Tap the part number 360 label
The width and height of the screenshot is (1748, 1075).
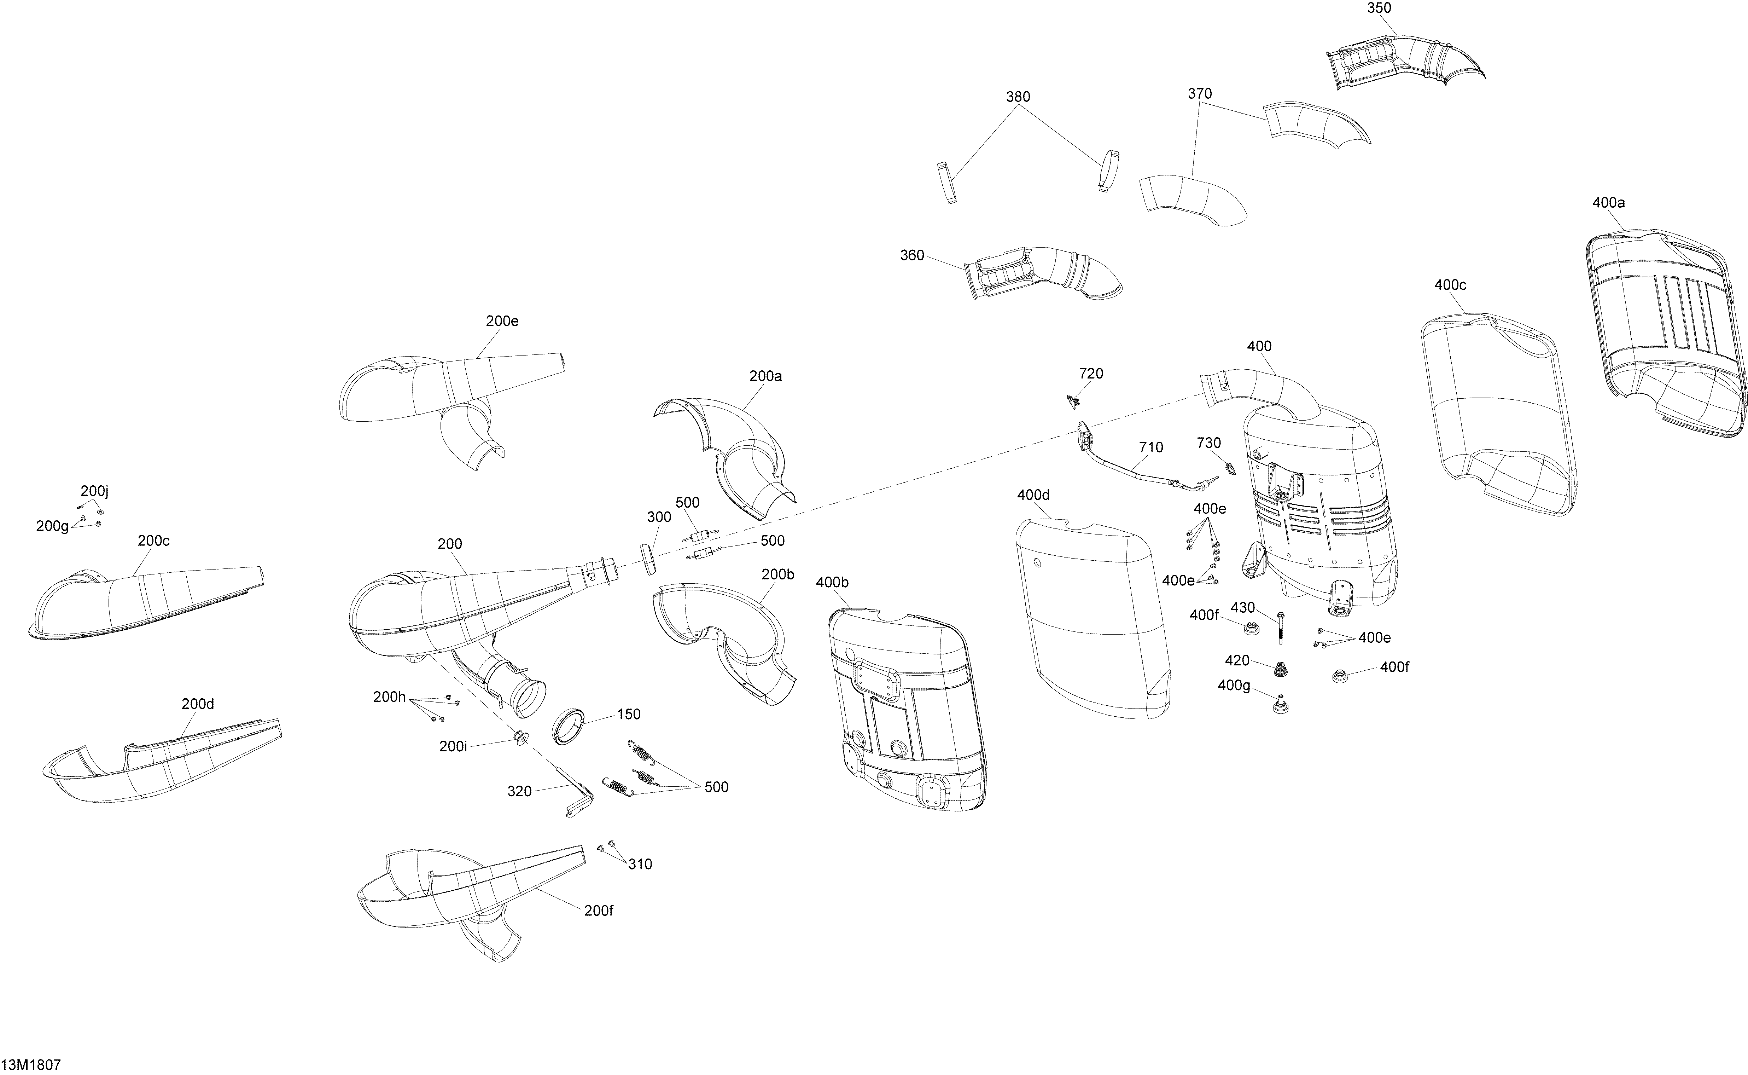point(913,255)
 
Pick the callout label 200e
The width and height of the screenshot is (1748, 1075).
point(502,321)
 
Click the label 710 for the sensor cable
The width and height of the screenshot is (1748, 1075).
point(1151,447)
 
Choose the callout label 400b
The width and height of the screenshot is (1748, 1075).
point(832,582)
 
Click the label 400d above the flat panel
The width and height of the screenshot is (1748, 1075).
point(1033,495)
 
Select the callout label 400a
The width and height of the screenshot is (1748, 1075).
point(1608,203)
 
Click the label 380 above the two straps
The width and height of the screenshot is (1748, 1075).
point(1018,97)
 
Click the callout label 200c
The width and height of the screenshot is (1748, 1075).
point(153,541)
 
